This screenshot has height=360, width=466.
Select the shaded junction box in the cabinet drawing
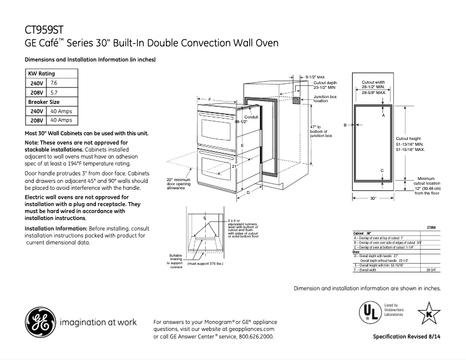(296, 100)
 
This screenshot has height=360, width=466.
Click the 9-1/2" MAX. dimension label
(316, 76)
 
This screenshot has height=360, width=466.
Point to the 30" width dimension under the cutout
(373, 199)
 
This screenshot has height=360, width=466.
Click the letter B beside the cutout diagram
(345, 125)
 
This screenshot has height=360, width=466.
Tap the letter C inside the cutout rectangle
(382, 170)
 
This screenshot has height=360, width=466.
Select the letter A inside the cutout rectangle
(383, 116)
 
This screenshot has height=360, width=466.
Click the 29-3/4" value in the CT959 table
(431, 270)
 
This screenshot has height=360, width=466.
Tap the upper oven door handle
(217, 116)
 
